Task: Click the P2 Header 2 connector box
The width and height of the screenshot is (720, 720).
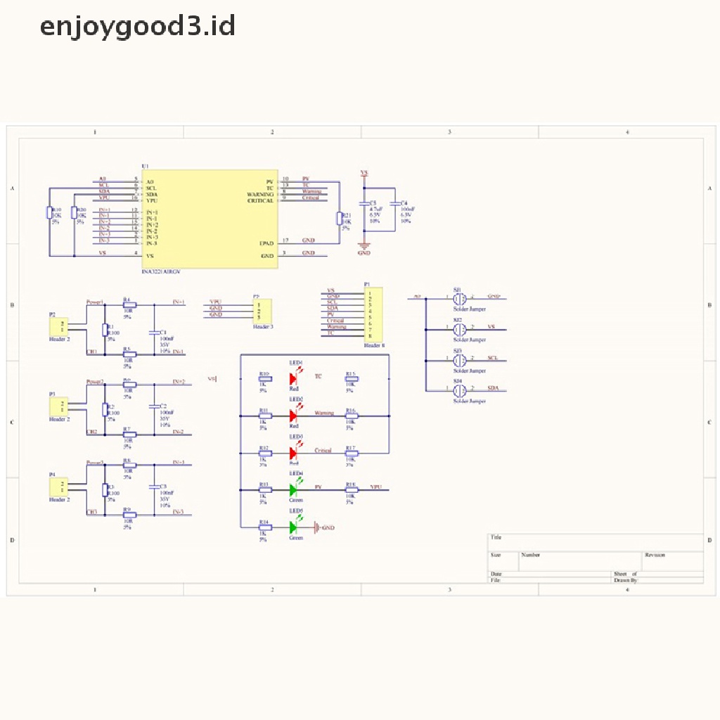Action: click(59, 326)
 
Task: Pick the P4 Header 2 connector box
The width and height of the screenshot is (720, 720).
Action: click(59, 487)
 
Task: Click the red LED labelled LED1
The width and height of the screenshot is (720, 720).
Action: click(294, 379)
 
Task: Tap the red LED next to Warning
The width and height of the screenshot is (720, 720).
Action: click(294, 416)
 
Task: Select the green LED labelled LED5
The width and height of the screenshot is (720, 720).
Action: click(294, 527)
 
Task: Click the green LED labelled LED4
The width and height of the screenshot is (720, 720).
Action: click(294, 489)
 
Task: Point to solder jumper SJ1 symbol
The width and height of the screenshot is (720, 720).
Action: click(459, 298)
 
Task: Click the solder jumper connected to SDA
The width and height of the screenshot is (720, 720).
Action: click(459, 390)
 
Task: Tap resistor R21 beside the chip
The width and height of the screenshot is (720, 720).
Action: click(340, 218)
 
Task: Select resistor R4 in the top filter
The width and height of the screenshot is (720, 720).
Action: click(129, 305)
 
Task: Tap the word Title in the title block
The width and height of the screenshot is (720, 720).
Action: click(496, 537)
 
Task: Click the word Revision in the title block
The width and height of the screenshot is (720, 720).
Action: click(654, 555)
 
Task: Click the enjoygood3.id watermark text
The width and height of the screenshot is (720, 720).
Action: click(137, 27)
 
